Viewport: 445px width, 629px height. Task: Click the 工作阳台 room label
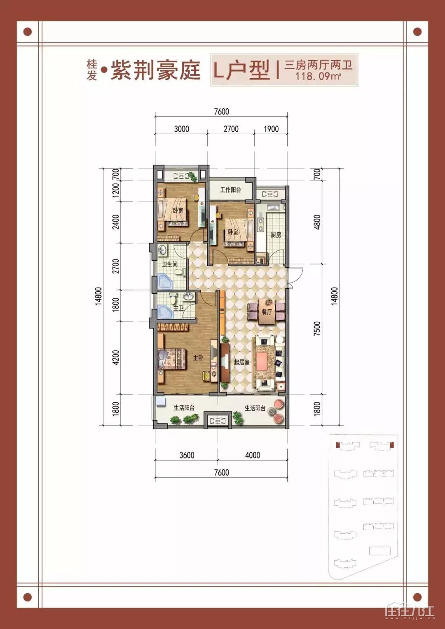230,190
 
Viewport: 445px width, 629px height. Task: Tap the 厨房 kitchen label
276,235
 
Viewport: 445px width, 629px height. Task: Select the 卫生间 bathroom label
170,264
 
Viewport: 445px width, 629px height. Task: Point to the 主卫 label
178,308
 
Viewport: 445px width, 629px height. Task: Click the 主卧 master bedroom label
198,358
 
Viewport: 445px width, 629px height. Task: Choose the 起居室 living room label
241,362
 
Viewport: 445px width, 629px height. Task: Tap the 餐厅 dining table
266,312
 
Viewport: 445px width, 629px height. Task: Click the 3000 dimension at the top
181,129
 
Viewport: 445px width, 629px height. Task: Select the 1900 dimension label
271,129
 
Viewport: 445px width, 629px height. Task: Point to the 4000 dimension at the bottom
253,455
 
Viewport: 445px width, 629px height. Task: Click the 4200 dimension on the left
115,358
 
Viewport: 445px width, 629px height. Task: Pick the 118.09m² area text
318,76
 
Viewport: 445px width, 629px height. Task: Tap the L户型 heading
242,70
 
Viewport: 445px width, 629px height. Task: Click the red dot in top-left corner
28,32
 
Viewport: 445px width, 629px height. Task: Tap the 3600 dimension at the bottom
187,455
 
